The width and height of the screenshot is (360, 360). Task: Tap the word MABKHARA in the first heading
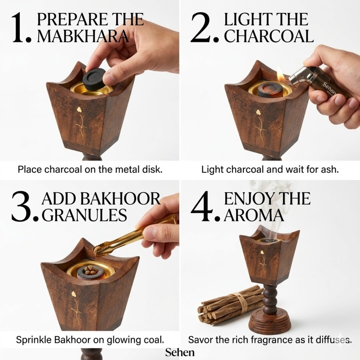(83, 36)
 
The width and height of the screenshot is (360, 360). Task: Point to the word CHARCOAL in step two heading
(269, 36)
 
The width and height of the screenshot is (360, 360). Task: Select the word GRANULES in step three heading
(84, 215)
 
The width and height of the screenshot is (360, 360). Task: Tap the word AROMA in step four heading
(254, 215)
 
